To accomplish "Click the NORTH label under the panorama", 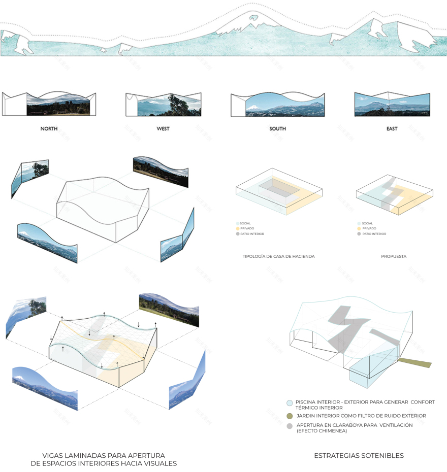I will pyautogui.click(x=49, y=129).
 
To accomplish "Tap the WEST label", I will pyautogui.click(x=163, y=129).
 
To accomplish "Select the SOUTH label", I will pyautogui.click(x=277, y=129).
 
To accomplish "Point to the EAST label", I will pyautogui.click(x=392, y=129).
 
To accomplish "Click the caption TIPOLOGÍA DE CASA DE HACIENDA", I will pyautogui.click(x=278, y=256).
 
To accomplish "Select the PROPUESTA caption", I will pyautogui.click(x=394, y=256).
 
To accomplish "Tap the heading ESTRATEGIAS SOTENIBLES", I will pyautogui.click(x=359, y=456).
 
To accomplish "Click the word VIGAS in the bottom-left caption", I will pyautogui.click(x=54, y=455).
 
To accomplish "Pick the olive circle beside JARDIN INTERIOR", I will pyautogui.click(x=290, y=416).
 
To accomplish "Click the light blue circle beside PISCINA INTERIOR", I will pyautogui.click(x=290, y=402).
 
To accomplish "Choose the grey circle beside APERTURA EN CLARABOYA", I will pyautogui.click(x=290, y=426).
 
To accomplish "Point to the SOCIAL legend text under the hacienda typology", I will pyautogui.click(x=245, y=223).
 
